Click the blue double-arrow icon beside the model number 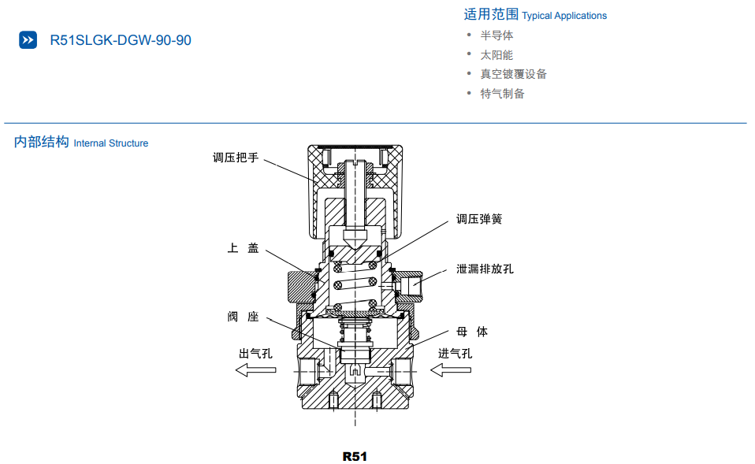click(28, 40)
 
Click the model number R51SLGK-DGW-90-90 click(120, 40)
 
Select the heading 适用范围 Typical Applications click(535, 15)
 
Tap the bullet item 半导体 click(497, 35)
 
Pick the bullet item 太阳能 click(497, 55)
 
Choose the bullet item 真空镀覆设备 click(513, 74)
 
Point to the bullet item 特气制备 click(502, 94)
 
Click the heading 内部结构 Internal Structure click(81, 143)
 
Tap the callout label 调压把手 click(235, 158)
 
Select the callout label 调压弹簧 click(479, 219)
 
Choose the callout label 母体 click(472, 332)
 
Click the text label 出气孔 click(255, 353)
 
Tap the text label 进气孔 click(455, 353)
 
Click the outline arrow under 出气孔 click(255, 369)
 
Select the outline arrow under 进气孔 click(451, 369)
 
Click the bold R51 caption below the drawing click(355, 456)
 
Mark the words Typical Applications click(564, 16)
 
